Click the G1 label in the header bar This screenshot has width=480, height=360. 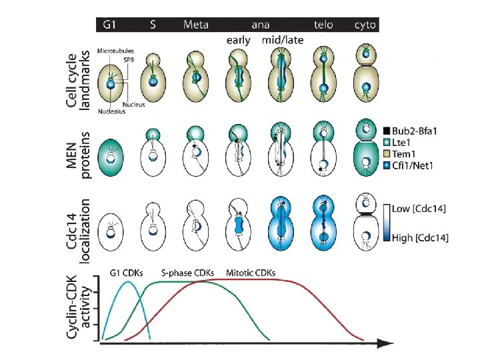click(111, 25)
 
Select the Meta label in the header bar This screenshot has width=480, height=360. click(196, 25)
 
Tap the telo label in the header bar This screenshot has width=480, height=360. click(324, 25)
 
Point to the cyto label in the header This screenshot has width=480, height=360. click(365, 25)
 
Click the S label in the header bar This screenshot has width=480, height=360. click(153, 25)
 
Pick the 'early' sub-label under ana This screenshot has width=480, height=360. click(238, 40)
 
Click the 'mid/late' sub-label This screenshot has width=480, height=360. click(283, 40)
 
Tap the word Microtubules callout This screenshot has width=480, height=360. click(114, 51)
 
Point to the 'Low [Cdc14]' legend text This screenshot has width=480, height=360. click(423, 209)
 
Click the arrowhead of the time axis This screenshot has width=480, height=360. click(385, 343)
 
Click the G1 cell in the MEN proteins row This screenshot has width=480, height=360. click(111, 157)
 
